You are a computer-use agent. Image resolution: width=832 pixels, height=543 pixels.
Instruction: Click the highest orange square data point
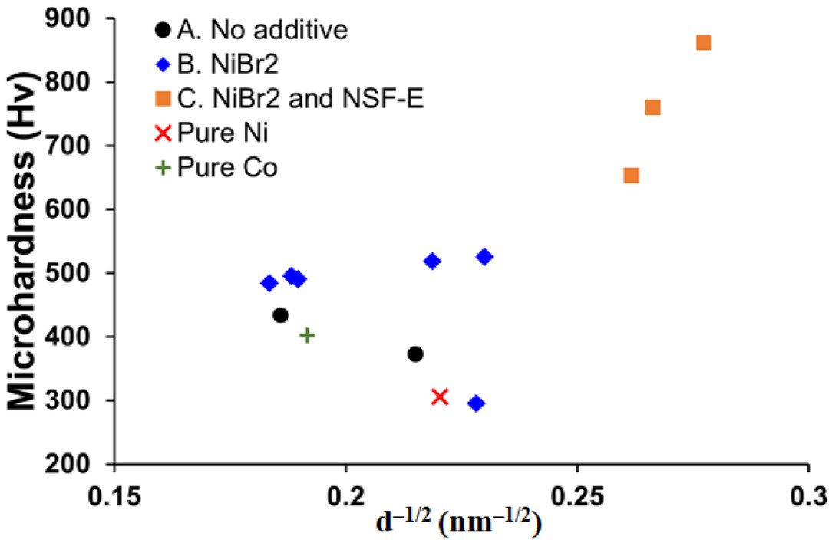[x=704, y=42]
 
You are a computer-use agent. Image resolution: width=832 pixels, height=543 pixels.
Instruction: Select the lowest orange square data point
[x=631, y=176]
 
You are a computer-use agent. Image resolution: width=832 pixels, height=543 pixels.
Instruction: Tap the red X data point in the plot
[x=440, y=397]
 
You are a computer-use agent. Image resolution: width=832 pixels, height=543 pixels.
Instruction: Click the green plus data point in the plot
[x=308, y=335]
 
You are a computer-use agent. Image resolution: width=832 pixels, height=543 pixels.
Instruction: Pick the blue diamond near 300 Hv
[x=476, y=403]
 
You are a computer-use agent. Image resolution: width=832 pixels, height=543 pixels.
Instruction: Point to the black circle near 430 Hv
[x=280, y=315]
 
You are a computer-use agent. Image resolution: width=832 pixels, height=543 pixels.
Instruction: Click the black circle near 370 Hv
[x=415, y=354]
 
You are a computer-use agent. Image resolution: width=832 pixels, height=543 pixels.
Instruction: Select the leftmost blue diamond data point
[x=269, y=283]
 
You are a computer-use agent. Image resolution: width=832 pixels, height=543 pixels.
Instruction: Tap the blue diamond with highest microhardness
[x=484, y=257]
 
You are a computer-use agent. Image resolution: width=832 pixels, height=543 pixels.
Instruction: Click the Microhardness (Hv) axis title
[x=28, y=238]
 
